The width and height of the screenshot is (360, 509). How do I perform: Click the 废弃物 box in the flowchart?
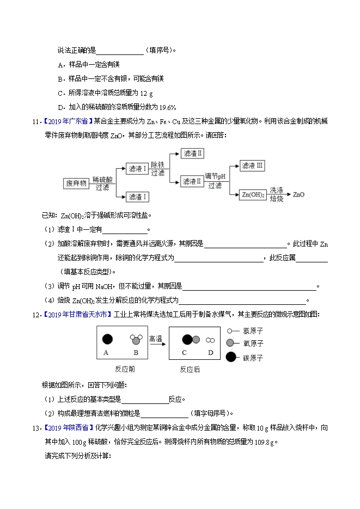click(76, 183)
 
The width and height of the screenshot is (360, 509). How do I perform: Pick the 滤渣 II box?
click(192, 154)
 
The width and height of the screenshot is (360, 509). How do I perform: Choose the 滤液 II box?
click(192, 181)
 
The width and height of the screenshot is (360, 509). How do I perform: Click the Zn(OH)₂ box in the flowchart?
click(253, 194)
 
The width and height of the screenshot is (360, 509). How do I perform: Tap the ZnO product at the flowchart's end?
click(298, 194)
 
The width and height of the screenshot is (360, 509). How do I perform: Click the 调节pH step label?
click(215, 176)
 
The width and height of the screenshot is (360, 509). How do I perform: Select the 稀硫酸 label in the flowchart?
click(102, 179)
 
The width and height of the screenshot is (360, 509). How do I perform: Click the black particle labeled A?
click(107, 339)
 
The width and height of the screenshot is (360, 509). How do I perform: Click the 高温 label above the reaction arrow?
click(156, 339)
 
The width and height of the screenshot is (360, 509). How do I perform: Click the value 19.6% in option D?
click(168, 107)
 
